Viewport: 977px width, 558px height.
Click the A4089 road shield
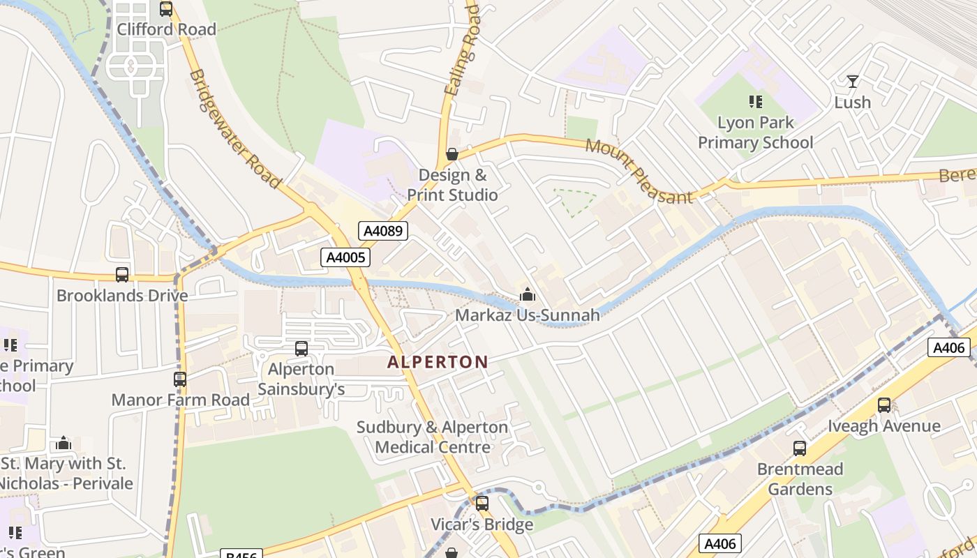tap(383, 231)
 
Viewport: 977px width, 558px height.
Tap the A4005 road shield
tap(345, 257)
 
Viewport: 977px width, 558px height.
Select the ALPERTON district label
tap(438, 362)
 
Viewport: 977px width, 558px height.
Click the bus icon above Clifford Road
tap(166, 9)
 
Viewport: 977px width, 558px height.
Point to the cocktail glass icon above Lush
tap(852, 82)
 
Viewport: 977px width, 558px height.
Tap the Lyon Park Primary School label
tap(756, 133)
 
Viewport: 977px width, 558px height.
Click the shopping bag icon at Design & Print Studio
tap(452, 154)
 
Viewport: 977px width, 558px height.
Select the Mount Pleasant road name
tap(639, 171)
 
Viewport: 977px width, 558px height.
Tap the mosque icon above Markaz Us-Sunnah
tap(528, 295)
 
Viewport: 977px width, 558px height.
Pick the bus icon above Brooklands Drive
tap(122, 275)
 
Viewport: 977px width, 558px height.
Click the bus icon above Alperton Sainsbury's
tap(301, 348)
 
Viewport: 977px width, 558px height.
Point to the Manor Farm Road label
tap(181, 400)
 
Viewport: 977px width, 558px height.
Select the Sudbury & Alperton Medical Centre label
tap(433, 437)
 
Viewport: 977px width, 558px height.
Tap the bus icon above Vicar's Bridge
tap(482, 504)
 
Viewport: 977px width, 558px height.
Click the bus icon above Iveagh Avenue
tap(884, 405)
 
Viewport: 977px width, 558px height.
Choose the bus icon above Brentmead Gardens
tap(800, 448)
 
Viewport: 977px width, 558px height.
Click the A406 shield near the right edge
tap(948, 347)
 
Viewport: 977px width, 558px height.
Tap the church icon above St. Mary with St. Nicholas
tap(64, 443)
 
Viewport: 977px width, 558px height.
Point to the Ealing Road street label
tap(462, 49)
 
